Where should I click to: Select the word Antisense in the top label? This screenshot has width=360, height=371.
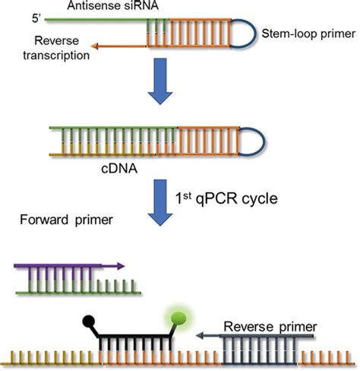pyautogui.click(x=79, y=7)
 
